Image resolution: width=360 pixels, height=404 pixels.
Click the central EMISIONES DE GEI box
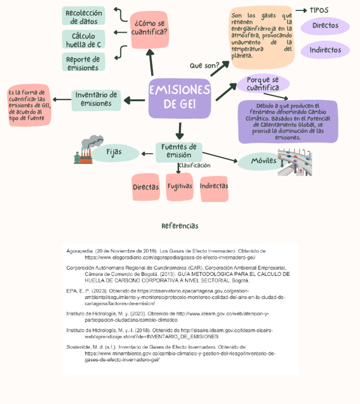point(180,98)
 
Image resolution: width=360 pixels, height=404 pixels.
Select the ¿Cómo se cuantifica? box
point(150,29)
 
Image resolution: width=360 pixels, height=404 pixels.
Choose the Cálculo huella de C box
point(83,40)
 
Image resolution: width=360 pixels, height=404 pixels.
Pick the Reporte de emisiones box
point(83,63)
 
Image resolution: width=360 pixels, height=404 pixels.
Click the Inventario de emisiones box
point(96,100)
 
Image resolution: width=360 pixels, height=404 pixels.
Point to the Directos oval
point(325,26)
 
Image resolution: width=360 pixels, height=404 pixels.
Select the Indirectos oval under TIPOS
point(325,50)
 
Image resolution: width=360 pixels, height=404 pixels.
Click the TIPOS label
point(319,10)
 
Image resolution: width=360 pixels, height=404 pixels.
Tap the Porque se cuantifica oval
point(262,84)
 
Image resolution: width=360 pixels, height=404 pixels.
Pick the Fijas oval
point(114,152)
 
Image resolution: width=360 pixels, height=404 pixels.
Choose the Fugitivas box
point(180,187)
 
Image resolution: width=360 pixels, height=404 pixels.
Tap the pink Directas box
point(145,187)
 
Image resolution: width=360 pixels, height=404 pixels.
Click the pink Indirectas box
point(214,187)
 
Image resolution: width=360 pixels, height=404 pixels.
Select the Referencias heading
point(180,226)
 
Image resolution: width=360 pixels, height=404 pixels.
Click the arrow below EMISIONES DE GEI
point(180,130)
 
